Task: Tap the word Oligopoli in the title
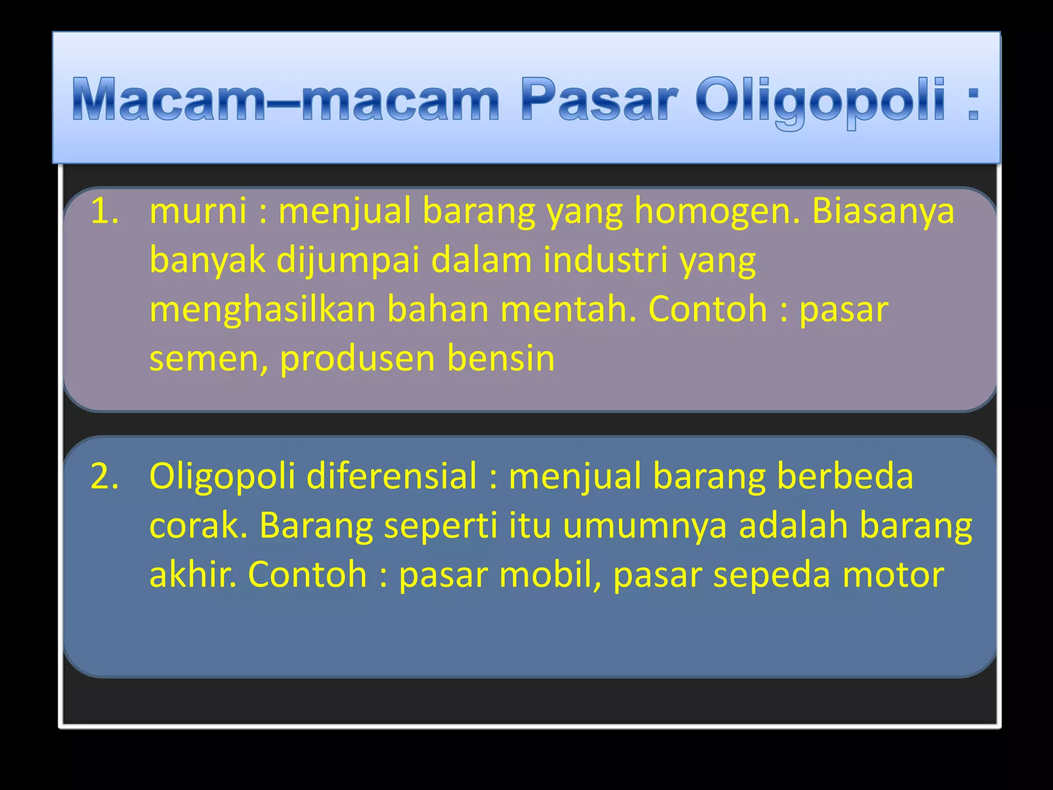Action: [x=821, y=100]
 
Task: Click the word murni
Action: [x=198, y=211]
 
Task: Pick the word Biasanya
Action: [x=883, y=212]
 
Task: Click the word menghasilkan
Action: [x=262, y=310]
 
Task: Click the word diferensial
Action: [x=391, y=476]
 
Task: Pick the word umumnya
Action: [x=645, y=526]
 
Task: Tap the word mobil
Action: [x=550, y=574]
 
